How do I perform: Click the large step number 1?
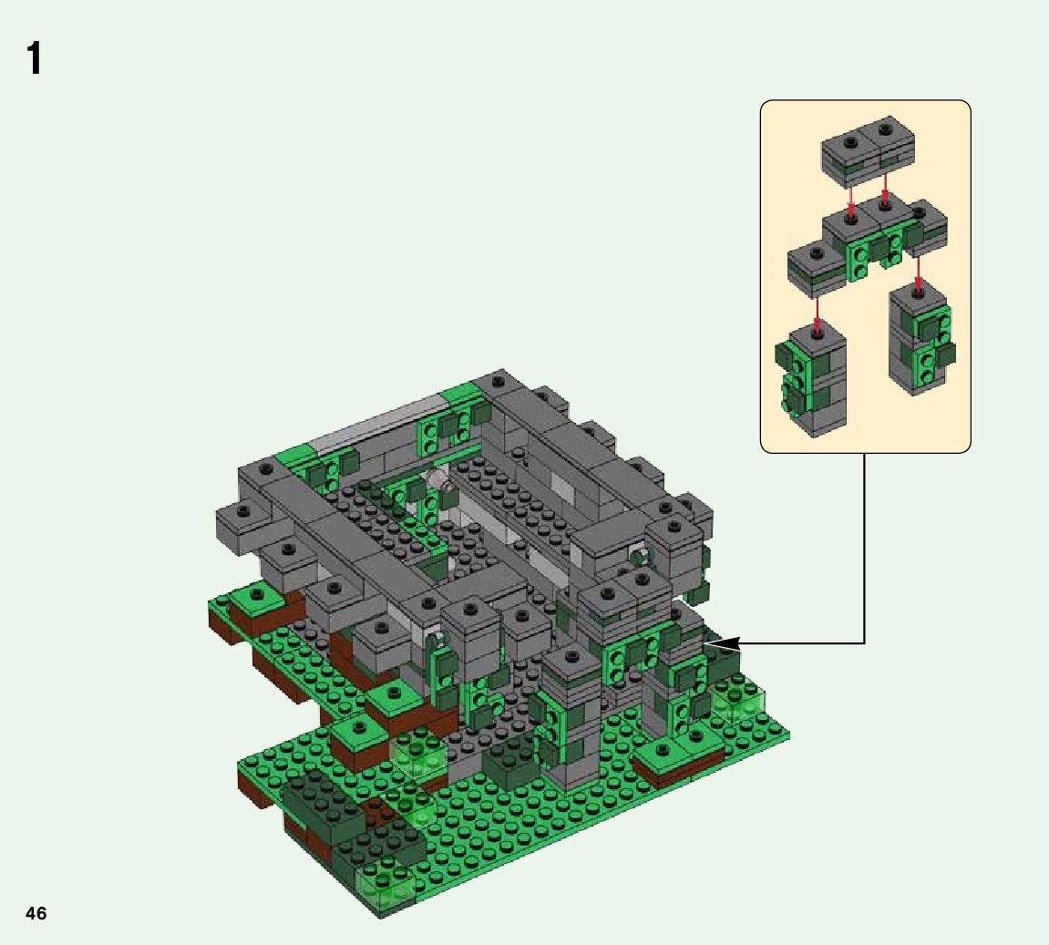(x=35, y=59)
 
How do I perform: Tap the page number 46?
(x=36, y=914)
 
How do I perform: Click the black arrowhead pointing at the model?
(x=723, y=643)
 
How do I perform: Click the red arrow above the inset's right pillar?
(x=919, y=275)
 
